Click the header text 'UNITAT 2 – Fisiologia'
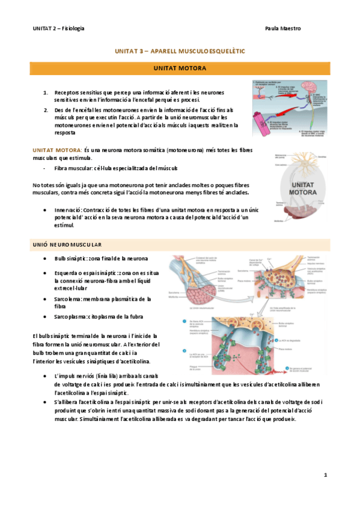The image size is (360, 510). [58, 28]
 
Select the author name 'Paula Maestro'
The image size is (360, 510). [282, 28]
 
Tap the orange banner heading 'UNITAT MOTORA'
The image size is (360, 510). [180, 69]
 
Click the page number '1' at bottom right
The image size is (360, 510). [325, 475]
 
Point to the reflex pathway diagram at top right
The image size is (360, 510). [290, 108]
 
